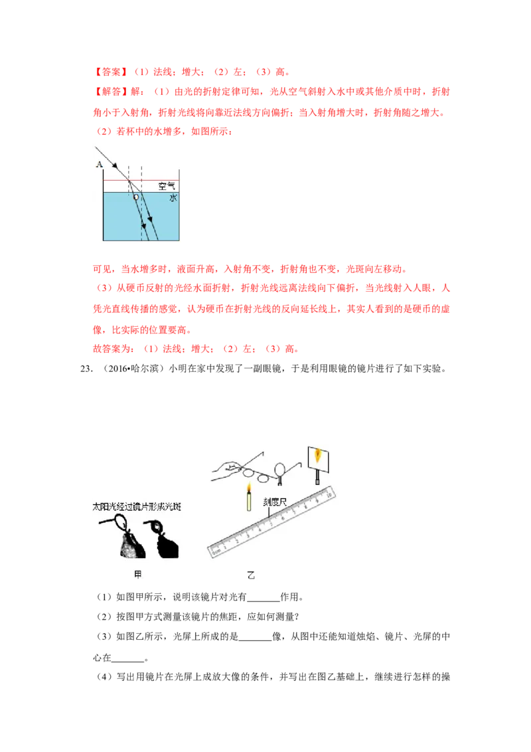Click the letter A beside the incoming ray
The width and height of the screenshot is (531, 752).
[99, 165]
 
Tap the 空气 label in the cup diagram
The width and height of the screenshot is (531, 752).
[167, 186]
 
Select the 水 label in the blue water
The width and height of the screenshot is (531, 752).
[173, 197]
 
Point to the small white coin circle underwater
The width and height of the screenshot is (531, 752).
[136, 197]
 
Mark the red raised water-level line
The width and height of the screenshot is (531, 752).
[141, 181]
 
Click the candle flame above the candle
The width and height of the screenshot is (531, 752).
[249, 488]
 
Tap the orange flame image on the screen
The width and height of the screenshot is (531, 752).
[317, 454]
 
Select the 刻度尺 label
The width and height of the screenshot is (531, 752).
[275, 502]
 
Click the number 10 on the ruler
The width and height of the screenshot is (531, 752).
[329, 492]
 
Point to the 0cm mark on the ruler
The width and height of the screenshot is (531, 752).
[216, 552]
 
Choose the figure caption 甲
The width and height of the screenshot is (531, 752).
[138, 574]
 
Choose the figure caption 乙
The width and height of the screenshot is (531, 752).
[251, 575]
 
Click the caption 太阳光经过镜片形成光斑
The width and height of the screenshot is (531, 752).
[137, 507]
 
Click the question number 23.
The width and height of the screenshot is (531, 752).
[86, 368]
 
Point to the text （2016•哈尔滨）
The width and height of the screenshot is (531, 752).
[134, 368]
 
